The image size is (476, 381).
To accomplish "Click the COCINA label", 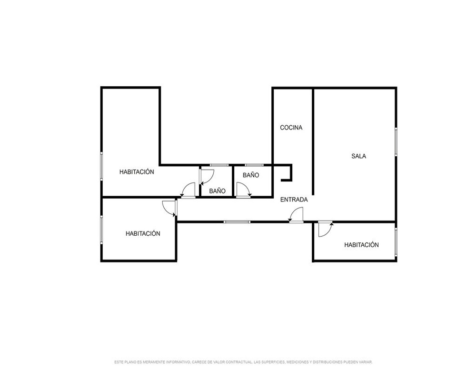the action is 291,128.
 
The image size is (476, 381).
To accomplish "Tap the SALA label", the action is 358,156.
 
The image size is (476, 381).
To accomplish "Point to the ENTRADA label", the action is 294,200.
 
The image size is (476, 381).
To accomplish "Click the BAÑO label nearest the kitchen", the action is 251,175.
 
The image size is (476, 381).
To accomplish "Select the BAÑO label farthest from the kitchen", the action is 217,191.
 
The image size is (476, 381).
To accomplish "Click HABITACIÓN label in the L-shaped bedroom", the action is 137,171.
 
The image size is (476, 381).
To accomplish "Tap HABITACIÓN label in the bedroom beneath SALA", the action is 361,245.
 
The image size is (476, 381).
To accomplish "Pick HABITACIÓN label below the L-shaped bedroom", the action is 143,233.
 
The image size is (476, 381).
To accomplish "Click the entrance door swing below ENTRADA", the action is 296,214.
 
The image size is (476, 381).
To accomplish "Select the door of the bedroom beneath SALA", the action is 325,229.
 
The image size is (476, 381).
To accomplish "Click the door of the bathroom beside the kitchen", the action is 243,190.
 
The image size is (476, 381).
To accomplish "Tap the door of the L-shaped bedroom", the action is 188,190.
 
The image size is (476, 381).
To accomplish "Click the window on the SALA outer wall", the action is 396,142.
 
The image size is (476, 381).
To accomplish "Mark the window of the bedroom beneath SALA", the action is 396,241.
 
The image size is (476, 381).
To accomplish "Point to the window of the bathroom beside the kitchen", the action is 254,165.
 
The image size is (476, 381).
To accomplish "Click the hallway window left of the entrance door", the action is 237,222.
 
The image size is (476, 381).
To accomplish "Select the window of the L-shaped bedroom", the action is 101,167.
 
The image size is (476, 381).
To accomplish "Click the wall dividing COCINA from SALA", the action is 313,141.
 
